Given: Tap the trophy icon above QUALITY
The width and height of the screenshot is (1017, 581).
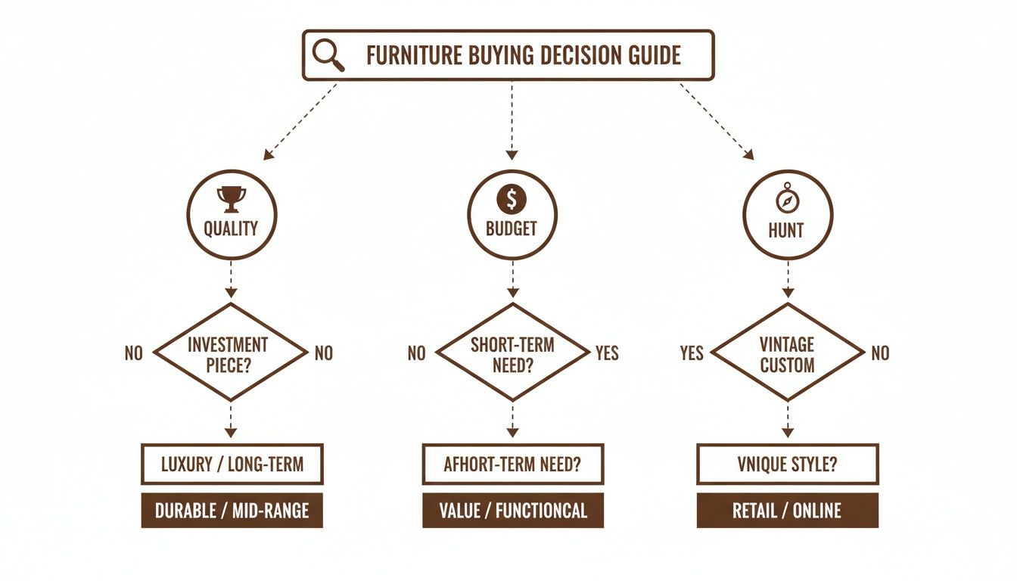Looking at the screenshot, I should click(231, 199).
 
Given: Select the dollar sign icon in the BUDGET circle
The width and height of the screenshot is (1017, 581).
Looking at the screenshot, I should click(512, 199).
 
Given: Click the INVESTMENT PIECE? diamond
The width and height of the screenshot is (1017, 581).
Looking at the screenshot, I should click(231, 353).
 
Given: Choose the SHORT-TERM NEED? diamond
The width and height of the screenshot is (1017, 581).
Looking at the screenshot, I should click(512, 353).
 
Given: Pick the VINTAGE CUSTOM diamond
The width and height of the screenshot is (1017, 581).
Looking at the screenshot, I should click(787, 353).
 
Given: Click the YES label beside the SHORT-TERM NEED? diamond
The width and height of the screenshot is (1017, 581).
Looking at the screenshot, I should click(607, 353).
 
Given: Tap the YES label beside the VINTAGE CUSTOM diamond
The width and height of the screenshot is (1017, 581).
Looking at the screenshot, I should click(692, 353).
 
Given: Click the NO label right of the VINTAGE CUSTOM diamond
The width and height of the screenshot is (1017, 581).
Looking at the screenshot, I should click(880, 353).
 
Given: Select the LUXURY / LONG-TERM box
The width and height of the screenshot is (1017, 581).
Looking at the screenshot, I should click(232, 464).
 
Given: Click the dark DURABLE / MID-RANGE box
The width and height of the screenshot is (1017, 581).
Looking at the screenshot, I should click(232, 511).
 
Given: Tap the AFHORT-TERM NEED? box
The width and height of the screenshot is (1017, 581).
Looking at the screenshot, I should click(512, 464).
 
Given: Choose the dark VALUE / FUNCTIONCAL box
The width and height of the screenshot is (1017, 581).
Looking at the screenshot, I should click(512, 511).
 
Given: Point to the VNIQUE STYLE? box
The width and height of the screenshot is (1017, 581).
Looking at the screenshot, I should click(787, 464).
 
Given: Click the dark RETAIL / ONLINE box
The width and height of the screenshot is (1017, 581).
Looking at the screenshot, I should click(787, 511).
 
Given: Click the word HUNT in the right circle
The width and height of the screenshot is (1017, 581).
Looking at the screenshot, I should click(785, 229).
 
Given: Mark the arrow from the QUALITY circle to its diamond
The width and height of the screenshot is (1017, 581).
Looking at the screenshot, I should click(231, 281).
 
